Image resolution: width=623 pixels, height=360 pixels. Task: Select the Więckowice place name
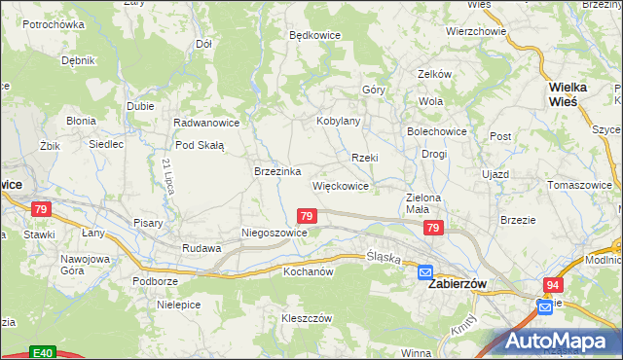(x=340, y=185)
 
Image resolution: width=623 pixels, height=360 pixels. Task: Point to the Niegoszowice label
(x=275, y=234)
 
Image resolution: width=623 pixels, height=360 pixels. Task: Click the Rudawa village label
(x=202, y=248)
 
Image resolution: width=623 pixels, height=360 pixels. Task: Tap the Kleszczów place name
(x=308, y=318)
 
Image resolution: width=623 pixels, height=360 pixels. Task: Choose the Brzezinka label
(x=276, y=170)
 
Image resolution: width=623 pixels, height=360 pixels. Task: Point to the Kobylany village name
(x=339, y=122)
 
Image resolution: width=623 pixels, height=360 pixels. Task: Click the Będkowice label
(x=314, y=35)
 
